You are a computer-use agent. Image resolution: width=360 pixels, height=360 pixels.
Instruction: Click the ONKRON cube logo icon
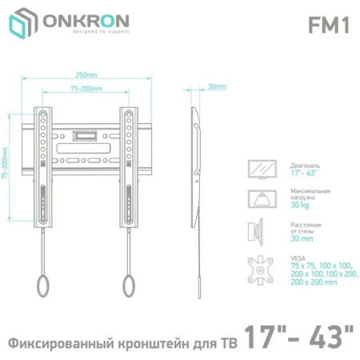[22, 23]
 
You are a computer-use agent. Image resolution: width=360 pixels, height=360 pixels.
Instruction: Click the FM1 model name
[329, 26]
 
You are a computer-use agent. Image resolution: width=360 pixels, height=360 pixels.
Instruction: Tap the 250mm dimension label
[86, 75]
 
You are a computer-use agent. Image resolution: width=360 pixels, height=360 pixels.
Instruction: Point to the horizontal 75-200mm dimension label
[86, 89]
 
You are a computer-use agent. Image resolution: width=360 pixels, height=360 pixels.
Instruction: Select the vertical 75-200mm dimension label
[5, 163]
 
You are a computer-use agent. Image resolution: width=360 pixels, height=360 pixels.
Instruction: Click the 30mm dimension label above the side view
[217, 86]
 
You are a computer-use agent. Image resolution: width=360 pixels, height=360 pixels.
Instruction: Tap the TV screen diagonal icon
[262, 170]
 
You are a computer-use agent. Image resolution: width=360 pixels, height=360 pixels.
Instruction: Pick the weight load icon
[262, 199]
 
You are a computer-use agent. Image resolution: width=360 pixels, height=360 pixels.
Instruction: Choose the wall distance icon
[255, 231]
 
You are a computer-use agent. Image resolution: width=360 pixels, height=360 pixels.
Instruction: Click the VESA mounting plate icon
[260, 270]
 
